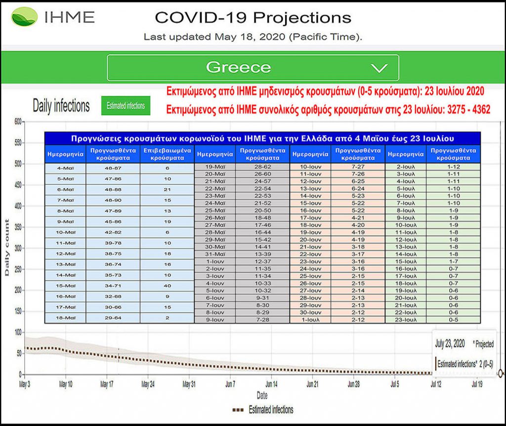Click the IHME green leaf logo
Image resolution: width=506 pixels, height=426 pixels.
coord(24,17)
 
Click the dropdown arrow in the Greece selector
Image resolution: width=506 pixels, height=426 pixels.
coord(379,68)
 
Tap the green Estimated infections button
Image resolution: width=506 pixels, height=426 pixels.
coord(126,106)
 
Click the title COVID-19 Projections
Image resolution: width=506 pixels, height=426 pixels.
coord(253,18)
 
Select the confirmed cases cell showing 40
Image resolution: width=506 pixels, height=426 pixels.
coord(167,286)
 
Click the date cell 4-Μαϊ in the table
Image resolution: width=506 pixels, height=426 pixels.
coord(65,168)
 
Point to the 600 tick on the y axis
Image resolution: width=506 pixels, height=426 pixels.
coord(18,122)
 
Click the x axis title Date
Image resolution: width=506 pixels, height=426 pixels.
coord(262,395)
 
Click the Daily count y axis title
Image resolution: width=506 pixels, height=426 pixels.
coord(7,248)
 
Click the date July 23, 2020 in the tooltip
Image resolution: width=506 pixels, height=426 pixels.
coord(449,343)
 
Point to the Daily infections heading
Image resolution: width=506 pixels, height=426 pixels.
coord(61,105)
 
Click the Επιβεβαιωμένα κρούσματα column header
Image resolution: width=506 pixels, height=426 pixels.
coord(167,154)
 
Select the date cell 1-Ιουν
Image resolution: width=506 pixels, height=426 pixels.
coord(216,261)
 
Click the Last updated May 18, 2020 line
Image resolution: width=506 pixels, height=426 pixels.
coord(252,37)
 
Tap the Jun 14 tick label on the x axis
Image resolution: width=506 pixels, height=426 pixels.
coord(270,383)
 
